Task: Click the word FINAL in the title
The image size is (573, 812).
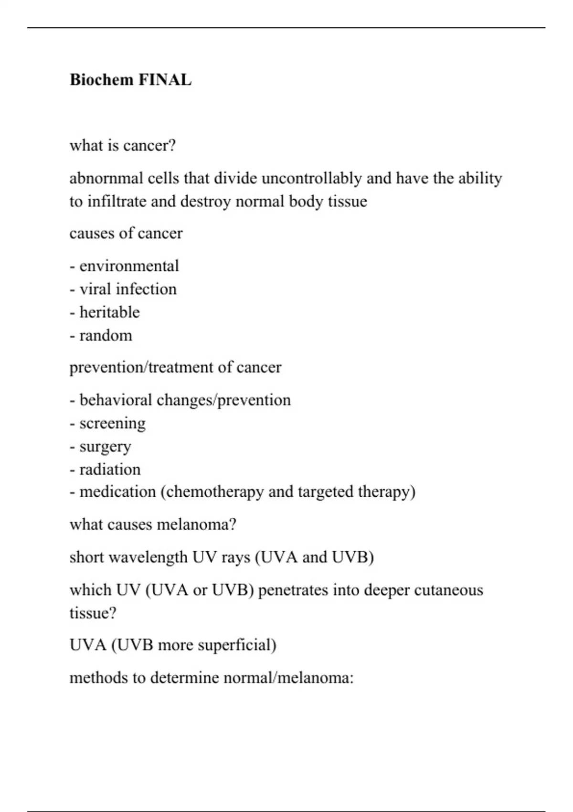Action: pos(165,80)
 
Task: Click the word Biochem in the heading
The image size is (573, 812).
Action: pos(102,80)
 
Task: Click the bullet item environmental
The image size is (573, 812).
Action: pos(129,266)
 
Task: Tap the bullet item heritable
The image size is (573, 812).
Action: pos(109,312)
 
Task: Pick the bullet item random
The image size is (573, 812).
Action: pos(106,335)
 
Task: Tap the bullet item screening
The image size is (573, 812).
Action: pos(112,423)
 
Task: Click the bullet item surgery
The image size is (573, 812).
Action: pos(105,447)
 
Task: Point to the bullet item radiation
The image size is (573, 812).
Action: pos(110,470)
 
